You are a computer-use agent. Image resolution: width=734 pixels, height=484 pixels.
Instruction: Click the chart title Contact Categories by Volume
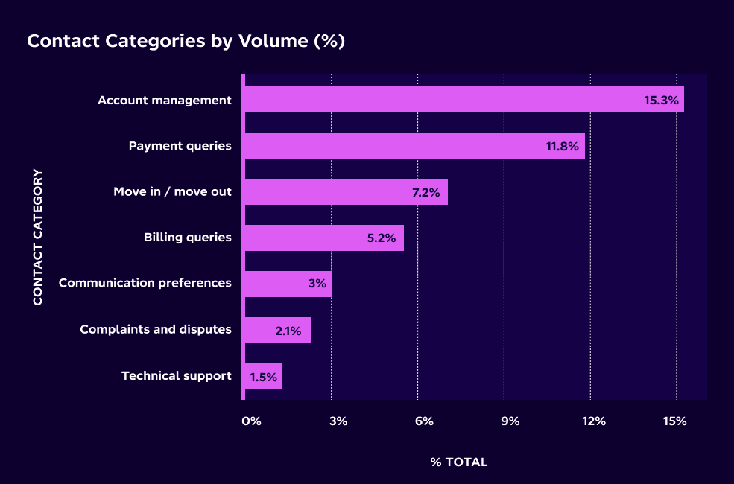pos(186,41)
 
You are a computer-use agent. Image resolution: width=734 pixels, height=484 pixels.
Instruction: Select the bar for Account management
pos(462,100)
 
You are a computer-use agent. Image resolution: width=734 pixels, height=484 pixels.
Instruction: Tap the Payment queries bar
pos(414,146)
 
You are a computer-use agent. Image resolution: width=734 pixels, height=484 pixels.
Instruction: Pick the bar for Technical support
pos(263,377)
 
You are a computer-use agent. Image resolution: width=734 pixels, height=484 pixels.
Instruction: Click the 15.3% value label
pos(662,101)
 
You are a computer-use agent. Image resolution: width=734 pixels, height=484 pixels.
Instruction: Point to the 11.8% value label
pos(563,147)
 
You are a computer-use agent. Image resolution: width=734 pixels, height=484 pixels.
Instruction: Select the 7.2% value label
pos(426,193)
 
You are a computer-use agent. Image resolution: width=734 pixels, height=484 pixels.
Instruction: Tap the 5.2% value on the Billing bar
pos(382,239)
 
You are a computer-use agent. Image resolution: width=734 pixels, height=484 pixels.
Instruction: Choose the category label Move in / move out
pos(172,192)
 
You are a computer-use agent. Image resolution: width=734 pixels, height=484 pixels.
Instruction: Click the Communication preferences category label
pos(145,283)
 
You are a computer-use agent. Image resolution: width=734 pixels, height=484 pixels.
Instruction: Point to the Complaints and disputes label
pos(156,329)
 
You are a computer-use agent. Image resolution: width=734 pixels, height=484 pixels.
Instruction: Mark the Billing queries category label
pos(188,238)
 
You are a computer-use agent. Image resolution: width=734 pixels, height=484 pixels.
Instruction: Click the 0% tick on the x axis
pos(251,421)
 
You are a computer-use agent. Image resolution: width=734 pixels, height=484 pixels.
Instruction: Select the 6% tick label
pos(424,421)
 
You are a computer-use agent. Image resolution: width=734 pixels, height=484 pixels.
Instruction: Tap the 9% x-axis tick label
pos(510,421)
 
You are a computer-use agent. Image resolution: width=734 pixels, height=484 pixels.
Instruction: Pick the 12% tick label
pos(595,421)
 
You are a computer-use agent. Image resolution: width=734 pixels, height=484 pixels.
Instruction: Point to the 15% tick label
pos(675,421)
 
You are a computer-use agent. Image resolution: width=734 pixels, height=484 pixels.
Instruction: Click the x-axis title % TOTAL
pos(459,462)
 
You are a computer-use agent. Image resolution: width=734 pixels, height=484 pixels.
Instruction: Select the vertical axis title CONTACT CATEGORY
pos(38,237)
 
